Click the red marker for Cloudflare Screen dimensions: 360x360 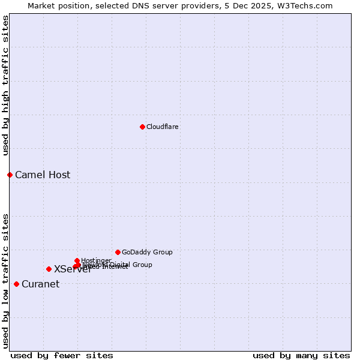click(x=142, y=127)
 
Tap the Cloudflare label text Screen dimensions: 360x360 click(x=162, y=127)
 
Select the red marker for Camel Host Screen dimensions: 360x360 click(x=10, y=175)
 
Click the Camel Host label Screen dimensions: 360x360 click(x=43, y=175)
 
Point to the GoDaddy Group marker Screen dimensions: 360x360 click(x=118, y=252)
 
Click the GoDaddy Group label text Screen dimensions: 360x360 click(x=147, y=252)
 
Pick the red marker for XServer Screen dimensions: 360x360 click(x=49, y=269)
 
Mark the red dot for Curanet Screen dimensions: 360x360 click(x=16, y=284)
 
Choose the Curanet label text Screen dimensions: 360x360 click(x=40, y=284)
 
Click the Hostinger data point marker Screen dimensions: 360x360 click(x=77, y=260)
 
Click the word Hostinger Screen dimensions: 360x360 click(x=96, y=260)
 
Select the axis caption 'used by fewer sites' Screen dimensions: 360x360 click(x=62, y=355)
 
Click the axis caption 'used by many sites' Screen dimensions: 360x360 click(x=301, y=355)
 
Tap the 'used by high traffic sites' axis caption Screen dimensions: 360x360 click(x=6, y=85)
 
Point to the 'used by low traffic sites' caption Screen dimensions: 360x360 click(x=6, y=280)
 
